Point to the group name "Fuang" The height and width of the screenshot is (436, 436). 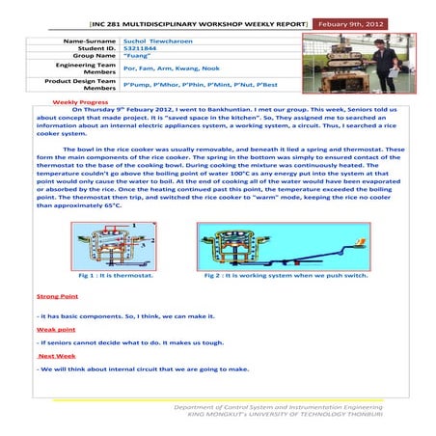click(x=139, y=59)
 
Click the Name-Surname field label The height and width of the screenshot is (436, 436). click(x=91, y=43)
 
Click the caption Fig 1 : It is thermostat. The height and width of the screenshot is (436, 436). click(x=108, y=276)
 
